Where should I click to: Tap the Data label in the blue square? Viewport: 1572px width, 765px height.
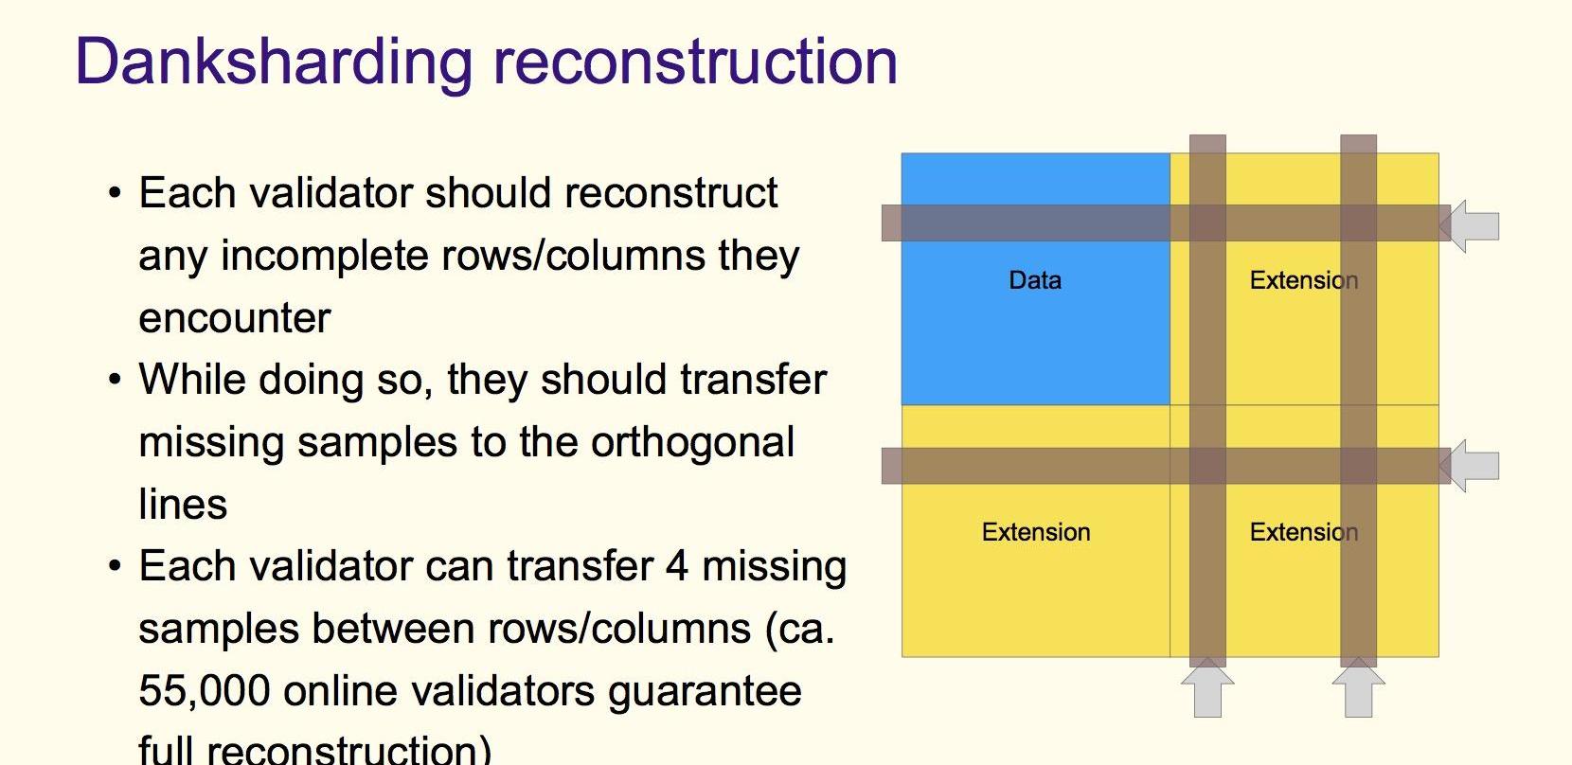click(x=1035, y=280)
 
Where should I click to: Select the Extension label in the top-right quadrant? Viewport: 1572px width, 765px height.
click(x=1304, y=280)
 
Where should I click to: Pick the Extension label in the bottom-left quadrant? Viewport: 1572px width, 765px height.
click(x=1036, y=532)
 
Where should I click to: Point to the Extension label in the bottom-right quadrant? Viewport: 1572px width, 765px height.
click(x=1304, y=532)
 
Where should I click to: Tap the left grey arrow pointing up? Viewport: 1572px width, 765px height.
click(x=1207, y=687)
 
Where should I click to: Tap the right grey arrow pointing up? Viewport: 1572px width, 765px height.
click(x=1359, y=687)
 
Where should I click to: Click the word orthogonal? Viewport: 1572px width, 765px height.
click(x=692, y=443)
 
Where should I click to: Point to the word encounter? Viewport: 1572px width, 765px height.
click(x=235, y=319)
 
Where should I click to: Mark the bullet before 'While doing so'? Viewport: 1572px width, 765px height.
click(x=116, y=380)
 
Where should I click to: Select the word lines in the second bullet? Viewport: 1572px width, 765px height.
click(x=183, y=504)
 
